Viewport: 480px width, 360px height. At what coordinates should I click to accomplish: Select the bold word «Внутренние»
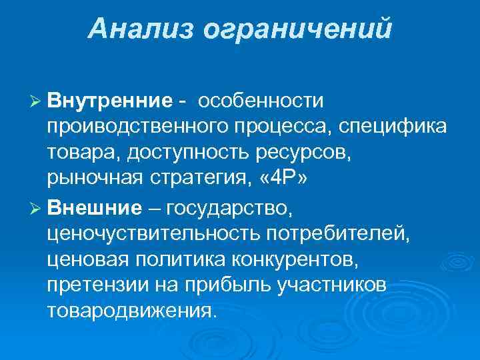(110, 101)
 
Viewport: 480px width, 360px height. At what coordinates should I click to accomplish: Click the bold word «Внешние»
(95, 209)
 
